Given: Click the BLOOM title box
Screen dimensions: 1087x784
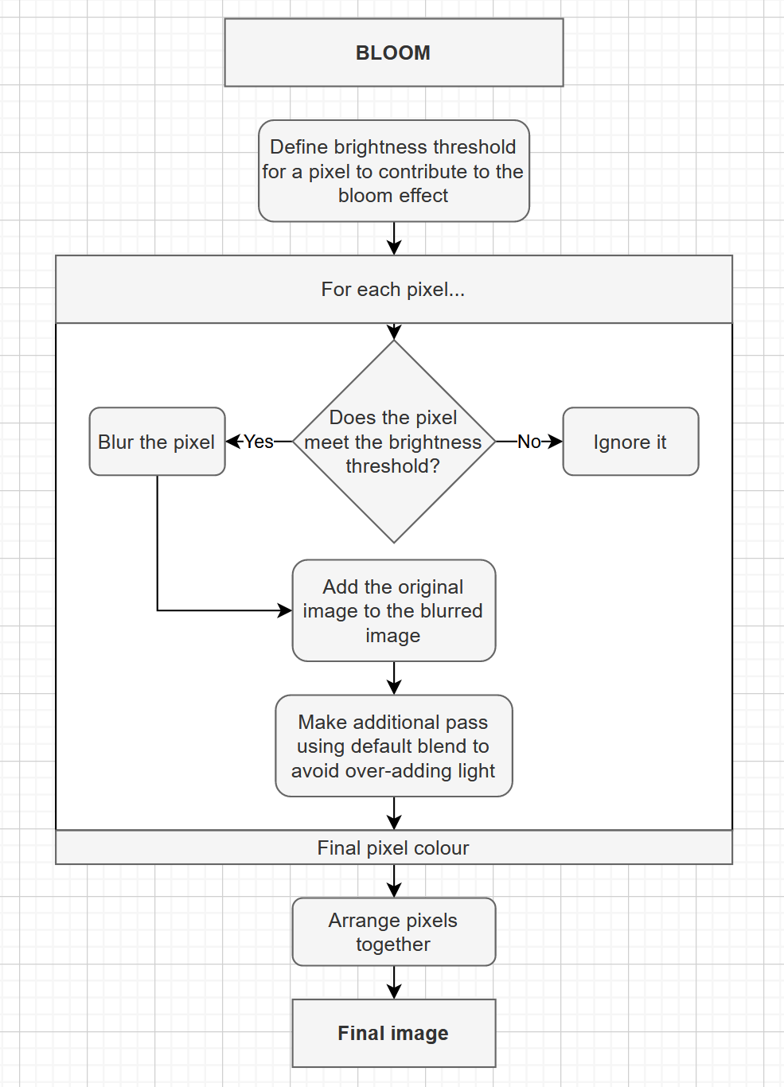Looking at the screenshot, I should click(393, 53).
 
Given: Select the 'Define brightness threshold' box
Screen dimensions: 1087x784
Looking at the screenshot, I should click(393, 171).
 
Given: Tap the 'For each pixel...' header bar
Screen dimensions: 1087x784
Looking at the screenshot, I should click(393, 290).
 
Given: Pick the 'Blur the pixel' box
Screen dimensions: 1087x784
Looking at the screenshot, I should click(157, 442).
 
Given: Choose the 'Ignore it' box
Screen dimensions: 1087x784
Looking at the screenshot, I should click(630, 442).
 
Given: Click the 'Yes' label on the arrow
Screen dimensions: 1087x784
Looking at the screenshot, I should click(259, 442).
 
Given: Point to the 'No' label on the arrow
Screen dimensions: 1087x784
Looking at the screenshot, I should click(529, 442).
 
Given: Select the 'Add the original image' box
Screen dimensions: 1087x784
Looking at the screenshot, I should click(393, 610).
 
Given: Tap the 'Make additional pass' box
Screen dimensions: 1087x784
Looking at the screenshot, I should click(393, 746).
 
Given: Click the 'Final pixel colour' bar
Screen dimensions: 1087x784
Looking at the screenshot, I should click(393, 847).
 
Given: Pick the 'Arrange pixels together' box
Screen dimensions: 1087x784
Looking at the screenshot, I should click(393, 932).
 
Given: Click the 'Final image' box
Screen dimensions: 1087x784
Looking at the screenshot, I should click(393, 1033).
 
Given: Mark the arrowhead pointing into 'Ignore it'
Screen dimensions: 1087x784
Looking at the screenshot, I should click(556, 442).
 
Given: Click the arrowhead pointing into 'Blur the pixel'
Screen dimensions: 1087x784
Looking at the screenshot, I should click(233, 442).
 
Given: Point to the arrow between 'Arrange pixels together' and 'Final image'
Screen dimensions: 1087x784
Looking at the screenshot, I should click(394, 982).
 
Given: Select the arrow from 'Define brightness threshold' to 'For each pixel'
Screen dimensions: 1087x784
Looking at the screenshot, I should click(394, 238).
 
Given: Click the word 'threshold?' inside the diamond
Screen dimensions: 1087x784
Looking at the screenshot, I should click(392, 466).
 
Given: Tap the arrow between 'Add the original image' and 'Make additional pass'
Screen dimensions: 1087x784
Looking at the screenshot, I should click(394, 678).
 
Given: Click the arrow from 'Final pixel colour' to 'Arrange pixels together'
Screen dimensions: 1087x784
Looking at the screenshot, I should click(394, 881).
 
